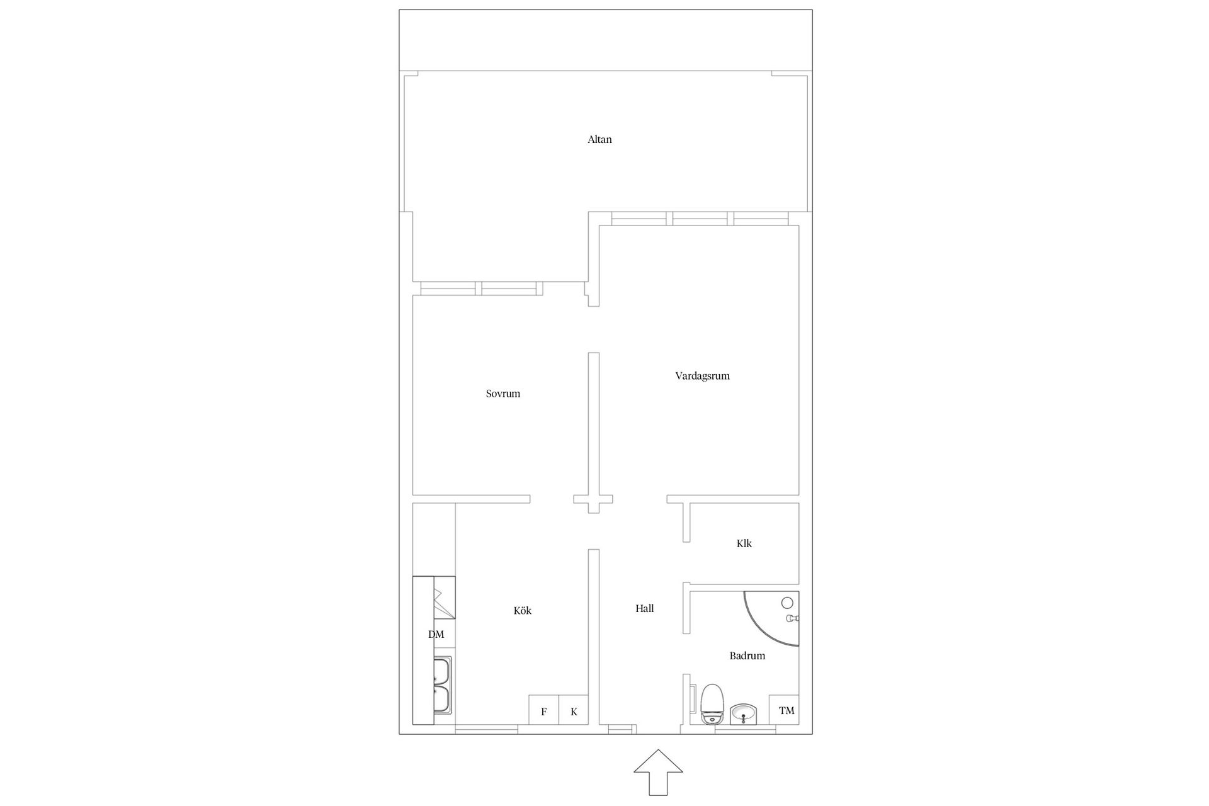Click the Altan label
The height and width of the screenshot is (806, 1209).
(x=599, y=139)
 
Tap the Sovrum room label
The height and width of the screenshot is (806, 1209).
(x=503, y=394)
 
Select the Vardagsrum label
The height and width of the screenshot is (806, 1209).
(x=702, y=376)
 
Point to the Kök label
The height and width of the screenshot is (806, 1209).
(x=523, y=610)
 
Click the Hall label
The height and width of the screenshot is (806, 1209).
(x=644, y=608)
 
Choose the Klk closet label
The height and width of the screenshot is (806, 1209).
(x=744, y=543)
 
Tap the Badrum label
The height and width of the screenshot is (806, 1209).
(x=747, y=656)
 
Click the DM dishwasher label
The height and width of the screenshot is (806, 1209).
(x=436, y=634)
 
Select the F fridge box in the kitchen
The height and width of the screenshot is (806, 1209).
(x=543, y=710)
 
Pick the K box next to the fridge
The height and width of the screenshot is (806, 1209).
(x=574, y=710)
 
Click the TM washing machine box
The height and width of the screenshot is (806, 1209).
(x=785, y=710)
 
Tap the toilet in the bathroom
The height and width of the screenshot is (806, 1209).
(x=713, y=704)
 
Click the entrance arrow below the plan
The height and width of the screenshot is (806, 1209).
(x=658, y=772)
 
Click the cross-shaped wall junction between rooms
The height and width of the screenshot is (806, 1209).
(x=593, y=499)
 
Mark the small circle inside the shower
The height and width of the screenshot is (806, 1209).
(x=787, y=603)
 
